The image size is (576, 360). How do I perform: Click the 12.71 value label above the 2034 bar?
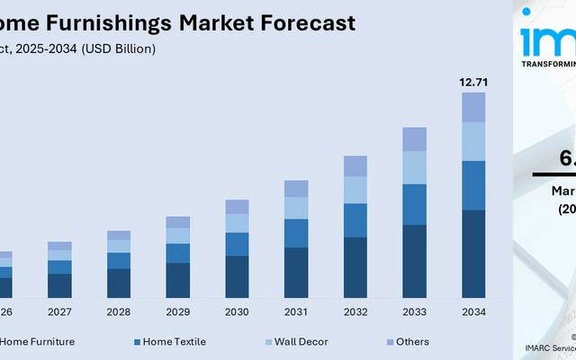coord(473,83)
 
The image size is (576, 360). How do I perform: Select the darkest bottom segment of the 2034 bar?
coord(473,254)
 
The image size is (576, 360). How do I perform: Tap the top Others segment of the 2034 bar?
coord(473,107)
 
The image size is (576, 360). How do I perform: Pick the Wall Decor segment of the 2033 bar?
coord(414,167)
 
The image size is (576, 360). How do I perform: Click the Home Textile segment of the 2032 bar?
coord(355,220)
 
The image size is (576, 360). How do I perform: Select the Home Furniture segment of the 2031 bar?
coord(296,273)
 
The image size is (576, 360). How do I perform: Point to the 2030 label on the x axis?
coord(237,313)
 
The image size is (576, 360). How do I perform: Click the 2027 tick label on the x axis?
coord(59,313)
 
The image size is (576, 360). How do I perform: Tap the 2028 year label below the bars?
coord(119,313)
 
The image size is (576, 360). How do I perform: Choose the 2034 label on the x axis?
coord(473,313)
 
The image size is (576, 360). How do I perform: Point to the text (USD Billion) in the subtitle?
coord(118,49)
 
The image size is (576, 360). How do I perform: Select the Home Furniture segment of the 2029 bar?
coord(178,280)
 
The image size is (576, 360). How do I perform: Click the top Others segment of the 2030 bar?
coord(237,206)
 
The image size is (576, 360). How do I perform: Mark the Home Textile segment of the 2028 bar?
coord(119,260)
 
